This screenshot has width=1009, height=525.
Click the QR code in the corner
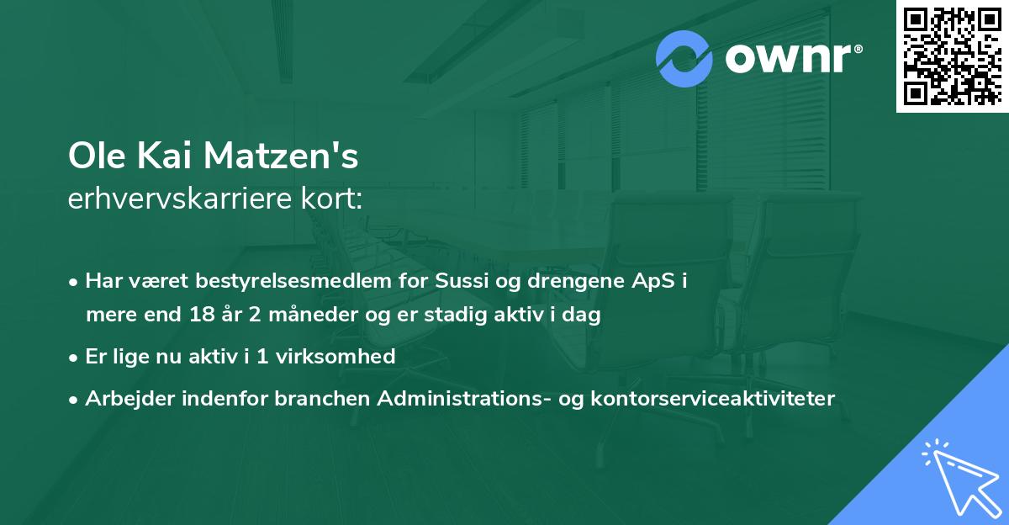click(952, 56)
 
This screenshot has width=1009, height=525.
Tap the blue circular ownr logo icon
click(684, 58)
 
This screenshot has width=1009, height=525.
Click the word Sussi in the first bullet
click(461, 281)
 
